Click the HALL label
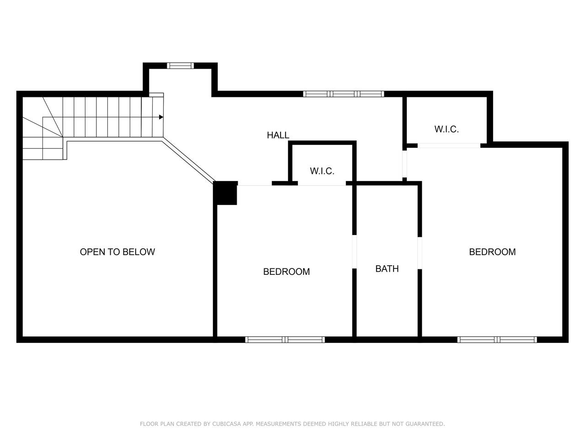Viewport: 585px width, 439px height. tap(278, 135)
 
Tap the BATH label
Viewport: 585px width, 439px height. tap(387, 269)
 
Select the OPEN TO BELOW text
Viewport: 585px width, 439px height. tap(117, 252)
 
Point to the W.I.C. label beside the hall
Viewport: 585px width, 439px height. tap(322, 171)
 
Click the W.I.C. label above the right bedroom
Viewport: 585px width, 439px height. tap(447, 129)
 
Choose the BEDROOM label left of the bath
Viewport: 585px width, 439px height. tap(287, 272)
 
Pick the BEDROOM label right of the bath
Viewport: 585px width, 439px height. tap(492, 252)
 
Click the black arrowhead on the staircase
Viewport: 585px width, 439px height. tap(161, 117)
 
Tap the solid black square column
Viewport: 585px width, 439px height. tap(225, 193)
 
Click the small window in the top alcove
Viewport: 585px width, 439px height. tap(181, 65)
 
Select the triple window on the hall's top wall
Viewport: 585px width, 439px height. tap(344, 94)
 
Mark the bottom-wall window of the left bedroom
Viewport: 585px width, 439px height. tap(285, 340)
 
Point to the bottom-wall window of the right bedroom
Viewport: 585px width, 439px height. tap(497, 340)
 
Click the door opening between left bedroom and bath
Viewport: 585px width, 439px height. tap(354, 252)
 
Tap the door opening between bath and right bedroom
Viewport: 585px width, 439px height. tap(420, 253)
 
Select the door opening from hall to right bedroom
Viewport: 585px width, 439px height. tap(404, 164)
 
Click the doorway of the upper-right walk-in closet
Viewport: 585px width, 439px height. tap(449, 145)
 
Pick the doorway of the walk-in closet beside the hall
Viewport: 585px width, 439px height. tap(322, 183)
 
